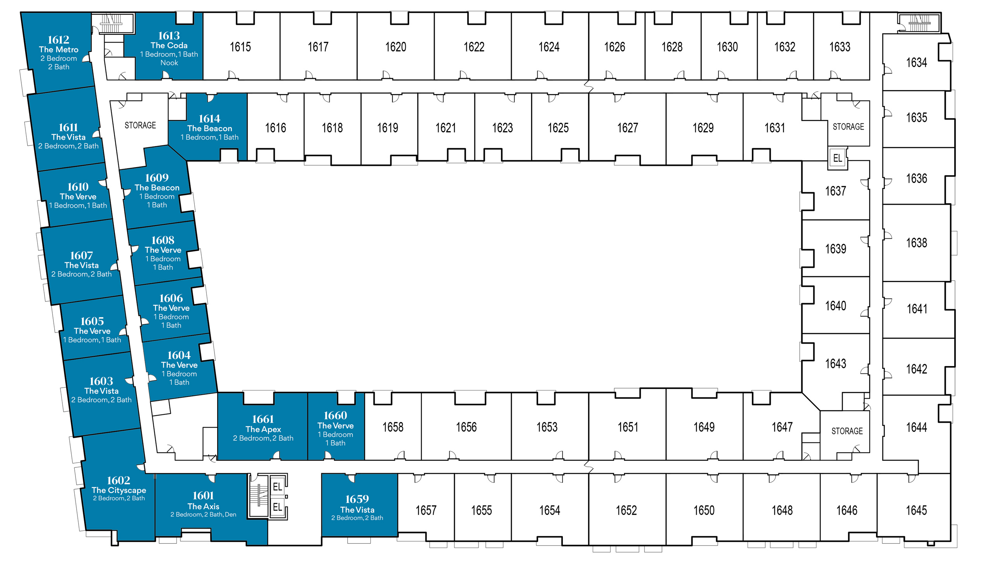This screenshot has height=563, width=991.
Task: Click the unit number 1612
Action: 58,40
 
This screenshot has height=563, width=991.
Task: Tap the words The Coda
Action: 169,46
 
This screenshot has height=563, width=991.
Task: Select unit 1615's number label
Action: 240,47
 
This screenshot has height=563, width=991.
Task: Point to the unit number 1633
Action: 840,47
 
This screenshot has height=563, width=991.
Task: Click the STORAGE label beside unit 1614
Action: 140,125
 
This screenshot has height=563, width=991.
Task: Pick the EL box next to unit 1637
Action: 837,158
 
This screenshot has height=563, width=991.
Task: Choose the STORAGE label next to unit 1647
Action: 847,431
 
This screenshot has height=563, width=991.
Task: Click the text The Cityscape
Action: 119,490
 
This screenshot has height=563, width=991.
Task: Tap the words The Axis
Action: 203,507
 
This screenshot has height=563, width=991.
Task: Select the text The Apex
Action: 263,430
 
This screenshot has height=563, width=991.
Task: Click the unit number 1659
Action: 357,499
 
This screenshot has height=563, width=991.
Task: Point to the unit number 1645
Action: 916,510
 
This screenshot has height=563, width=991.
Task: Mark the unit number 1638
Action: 917,243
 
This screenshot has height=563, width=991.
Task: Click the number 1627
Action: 628,128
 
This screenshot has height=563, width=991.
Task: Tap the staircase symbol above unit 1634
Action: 919,23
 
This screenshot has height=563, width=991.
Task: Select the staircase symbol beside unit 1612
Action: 112,23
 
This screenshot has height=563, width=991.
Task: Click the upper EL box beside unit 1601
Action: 278,487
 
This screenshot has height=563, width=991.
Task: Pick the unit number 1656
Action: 466,427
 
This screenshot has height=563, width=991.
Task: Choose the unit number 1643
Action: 835,364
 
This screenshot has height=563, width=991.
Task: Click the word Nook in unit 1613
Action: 169,63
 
